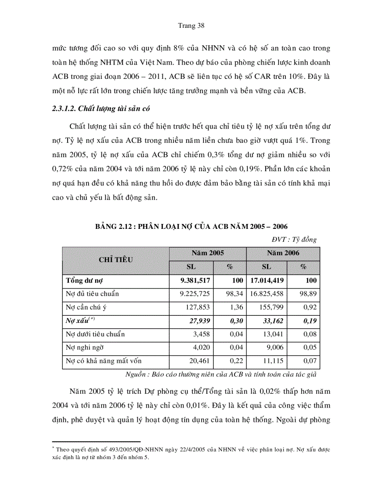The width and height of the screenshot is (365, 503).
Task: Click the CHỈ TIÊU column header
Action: tap(115, 260)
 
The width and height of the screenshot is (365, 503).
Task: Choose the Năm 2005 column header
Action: tap(208, 253)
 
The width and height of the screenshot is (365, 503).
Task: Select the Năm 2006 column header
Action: tap(283, 253)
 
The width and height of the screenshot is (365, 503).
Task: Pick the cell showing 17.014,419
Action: tap(267, 281)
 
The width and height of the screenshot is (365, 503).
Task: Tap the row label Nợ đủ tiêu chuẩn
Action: tap(93, 294)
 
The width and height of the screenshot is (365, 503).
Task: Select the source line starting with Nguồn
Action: tap(223, 374)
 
